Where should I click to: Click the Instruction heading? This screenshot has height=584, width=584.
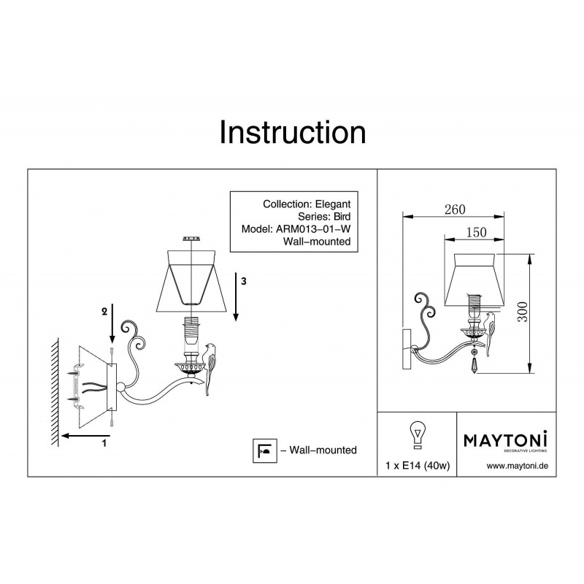click(x=292, y=134)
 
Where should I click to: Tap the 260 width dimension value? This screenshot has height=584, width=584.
click(x=454, y=210)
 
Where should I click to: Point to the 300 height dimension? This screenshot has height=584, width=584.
click(x=539, y=313)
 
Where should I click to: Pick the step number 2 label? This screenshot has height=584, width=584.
click(x=104, y=311)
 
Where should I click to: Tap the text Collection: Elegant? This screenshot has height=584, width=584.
click(x=307, y=204)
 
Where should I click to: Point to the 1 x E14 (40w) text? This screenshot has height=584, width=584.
click(x=415, y=466)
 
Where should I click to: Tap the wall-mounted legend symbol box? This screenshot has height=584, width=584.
click(x=261, y=450)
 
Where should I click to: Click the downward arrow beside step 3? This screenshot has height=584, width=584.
click(x=237, y=299)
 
